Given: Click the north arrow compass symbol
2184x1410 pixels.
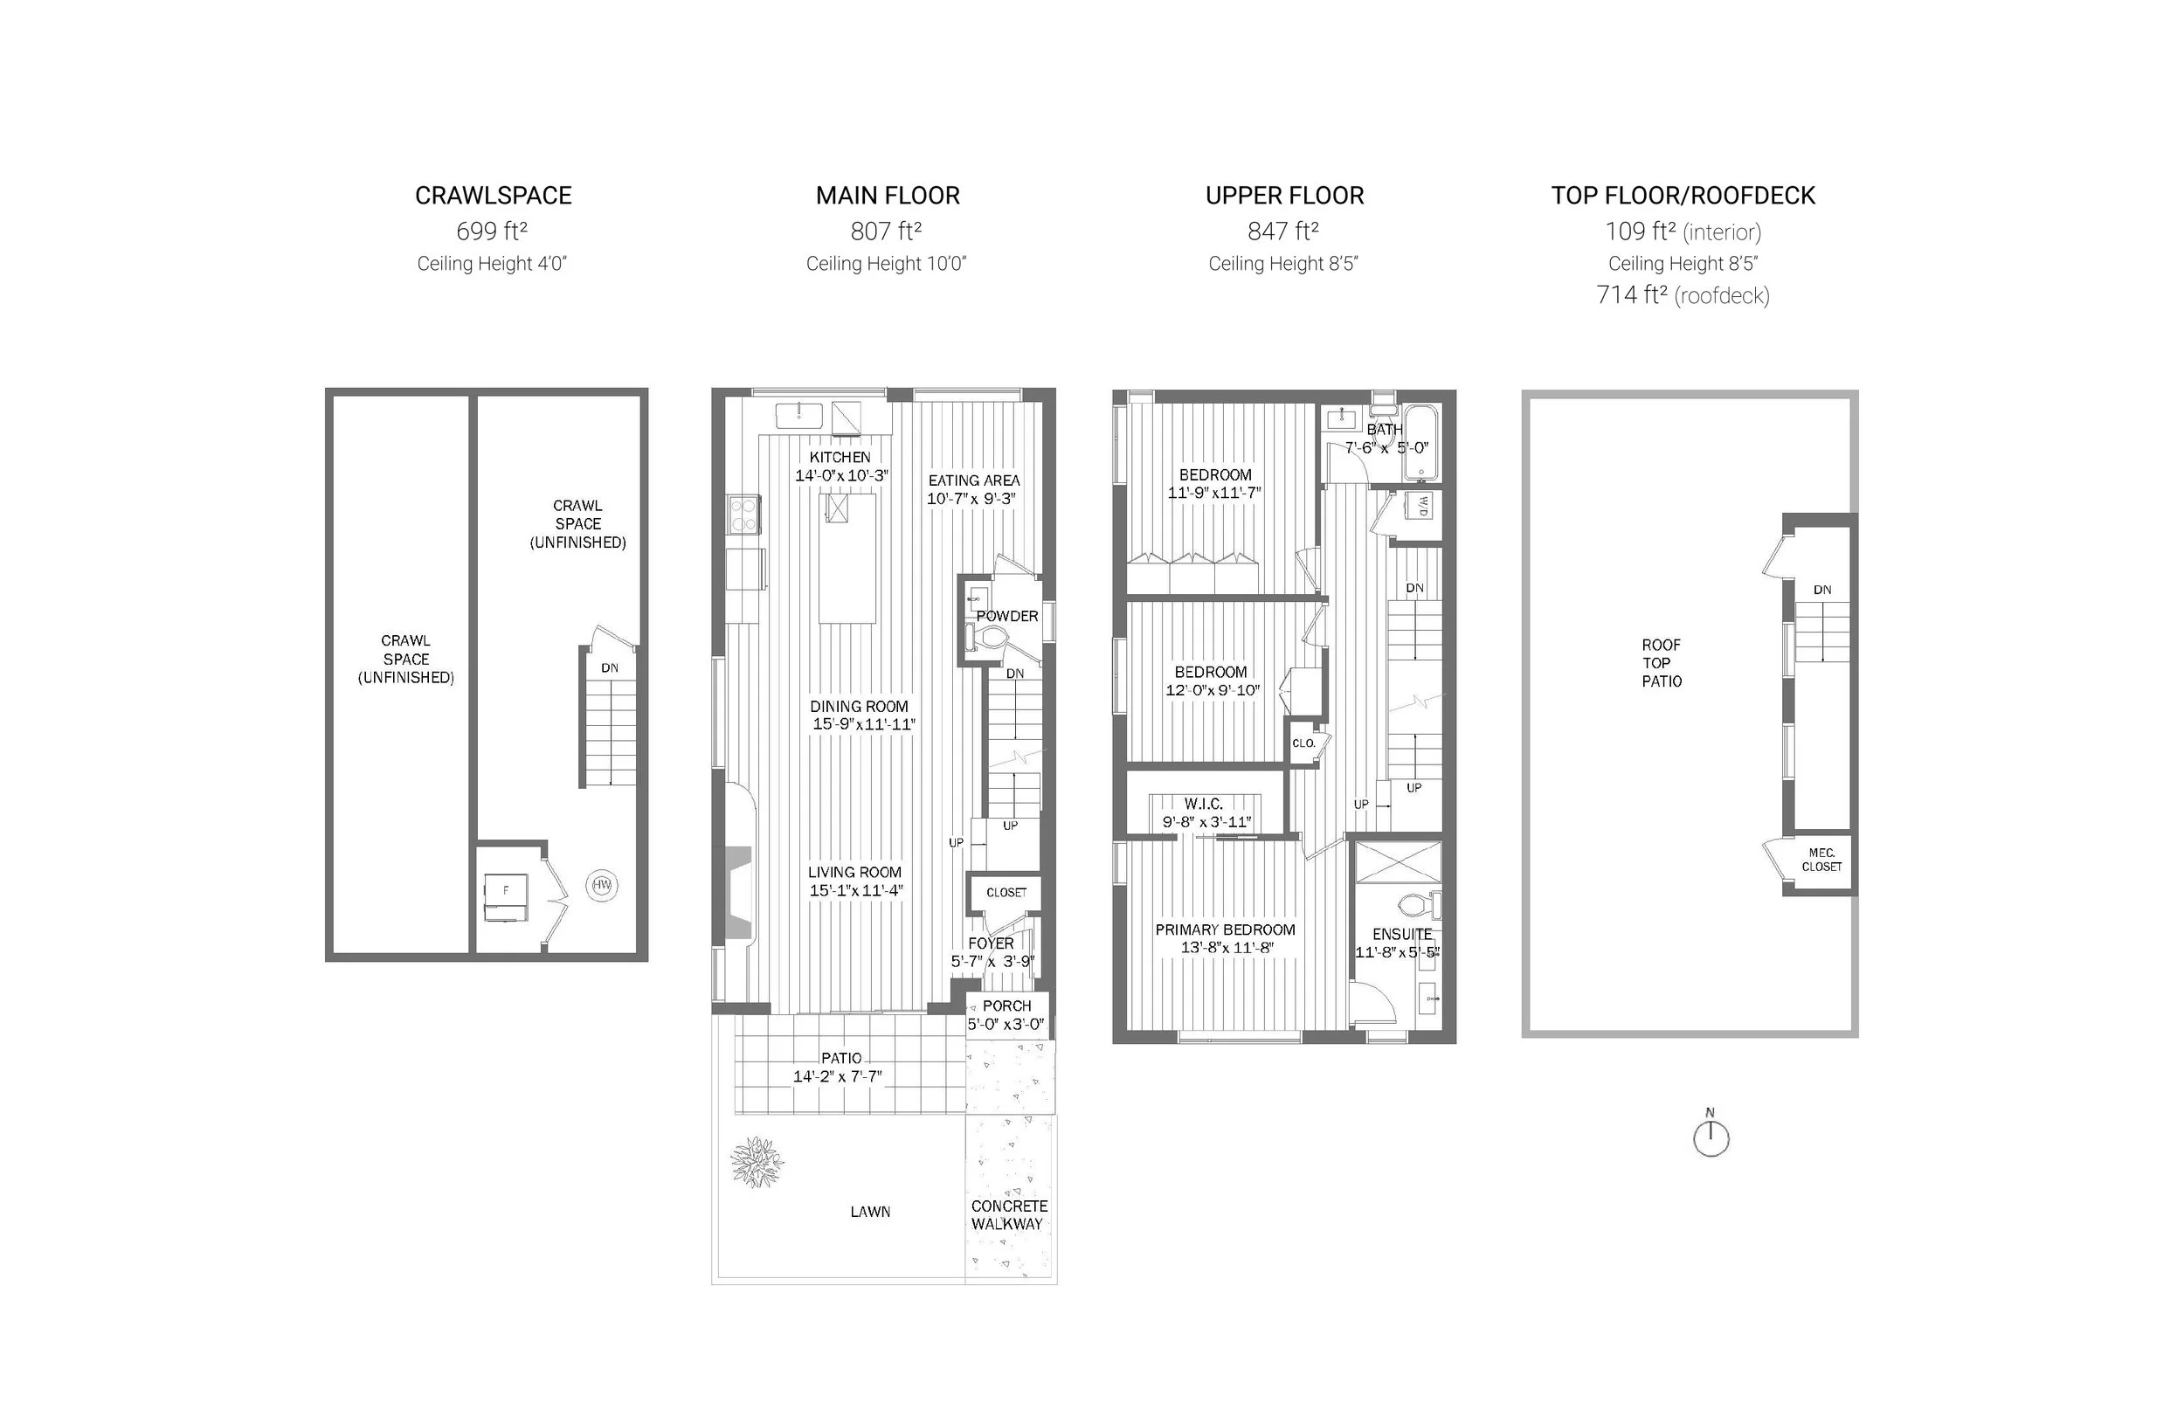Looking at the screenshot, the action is click(1710, 1139).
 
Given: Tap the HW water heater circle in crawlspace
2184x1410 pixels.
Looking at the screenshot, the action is click(601, 885).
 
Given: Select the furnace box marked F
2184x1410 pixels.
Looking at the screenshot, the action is click(505, 898).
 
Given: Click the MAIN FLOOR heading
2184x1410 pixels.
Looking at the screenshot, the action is click(887, 195).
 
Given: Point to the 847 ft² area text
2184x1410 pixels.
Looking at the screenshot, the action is click(1282, 231).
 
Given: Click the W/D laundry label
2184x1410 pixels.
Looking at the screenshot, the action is click(1423, 506).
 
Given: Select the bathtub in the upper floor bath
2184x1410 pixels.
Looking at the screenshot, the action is click(1421, 443).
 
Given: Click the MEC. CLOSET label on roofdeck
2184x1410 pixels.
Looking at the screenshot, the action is click(1821, 860).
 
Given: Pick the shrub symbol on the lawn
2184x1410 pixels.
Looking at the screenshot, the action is click(756, 1162).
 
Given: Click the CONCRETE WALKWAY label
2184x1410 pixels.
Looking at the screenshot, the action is click(1009, 1215).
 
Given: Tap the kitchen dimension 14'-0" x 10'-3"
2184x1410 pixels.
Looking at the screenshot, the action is click(841, 475).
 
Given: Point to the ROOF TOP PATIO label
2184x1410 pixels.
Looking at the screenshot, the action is click(1662, 663).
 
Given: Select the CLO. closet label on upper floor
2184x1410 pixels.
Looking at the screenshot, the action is click(1303, 743).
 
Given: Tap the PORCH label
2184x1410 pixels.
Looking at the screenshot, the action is click(1007, 1006).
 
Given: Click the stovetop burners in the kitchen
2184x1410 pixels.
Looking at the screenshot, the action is click(743, 513).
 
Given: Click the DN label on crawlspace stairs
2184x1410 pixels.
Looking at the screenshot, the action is click(610, 667).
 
